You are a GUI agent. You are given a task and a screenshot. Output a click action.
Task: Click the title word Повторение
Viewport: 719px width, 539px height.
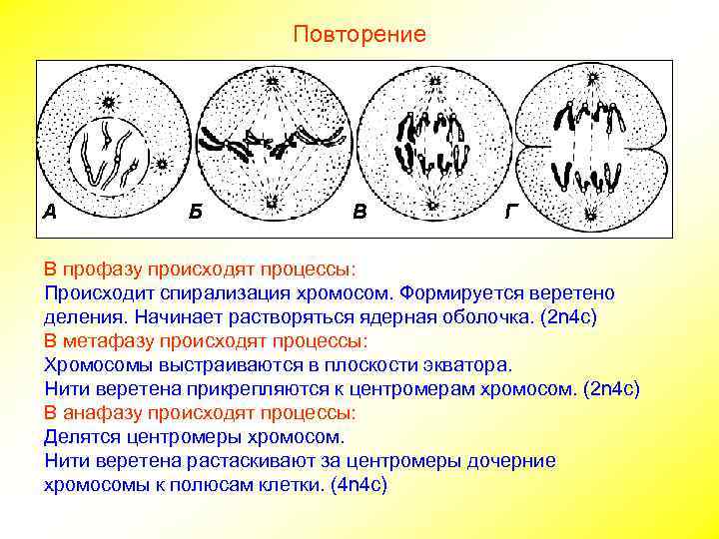point(359,35)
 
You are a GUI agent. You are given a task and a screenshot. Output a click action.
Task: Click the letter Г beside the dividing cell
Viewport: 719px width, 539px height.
point(511,212)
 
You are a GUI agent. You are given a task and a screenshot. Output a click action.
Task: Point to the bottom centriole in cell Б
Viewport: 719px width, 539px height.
point(272,206)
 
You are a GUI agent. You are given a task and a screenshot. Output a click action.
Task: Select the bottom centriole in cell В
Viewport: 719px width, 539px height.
point(432,207)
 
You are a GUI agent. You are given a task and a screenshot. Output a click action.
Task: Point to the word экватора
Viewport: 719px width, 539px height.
point(469,364)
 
